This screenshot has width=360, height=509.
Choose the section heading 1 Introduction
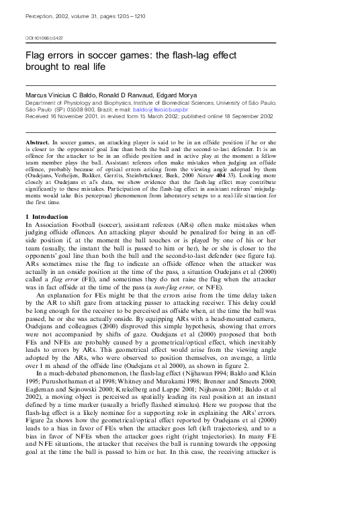point(46,217)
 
